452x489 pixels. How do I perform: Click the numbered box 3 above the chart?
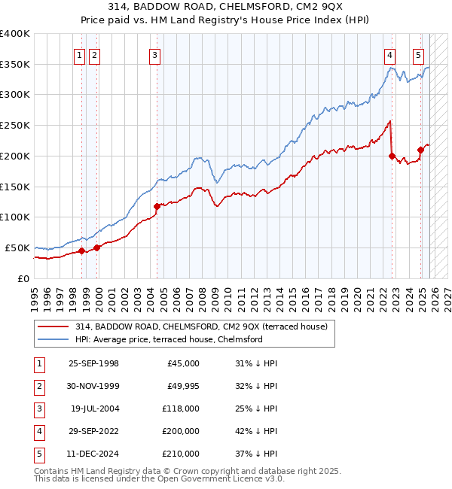[154, 54]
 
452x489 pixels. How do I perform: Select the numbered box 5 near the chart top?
[418, 54]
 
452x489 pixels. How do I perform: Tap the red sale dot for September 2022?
[392, 156]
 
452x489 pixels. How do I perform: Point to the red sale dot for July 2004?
[157, 206]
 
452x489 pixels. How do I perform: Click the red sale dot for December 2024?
[420, 150]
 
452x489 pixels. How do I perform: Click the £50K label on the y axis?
[17, 248]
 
